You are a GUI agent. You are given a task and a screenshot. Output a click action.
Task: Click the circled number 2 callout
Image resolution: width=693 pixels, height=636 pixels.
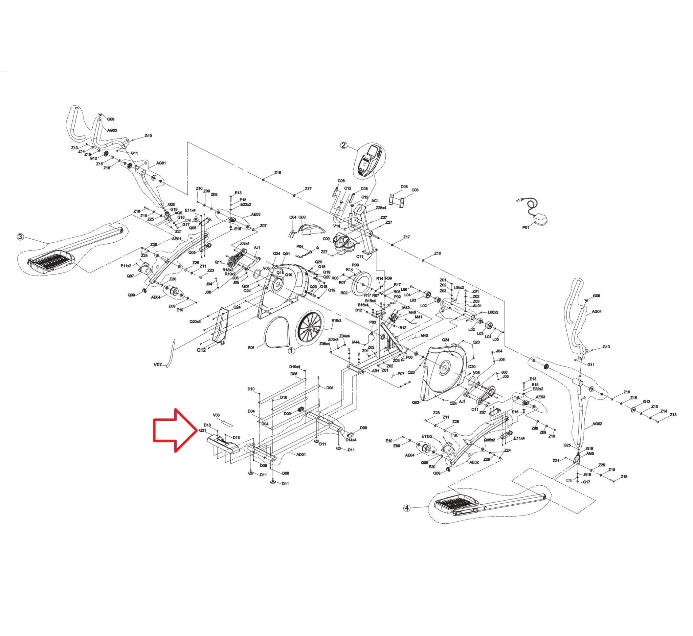(x=343, y=145)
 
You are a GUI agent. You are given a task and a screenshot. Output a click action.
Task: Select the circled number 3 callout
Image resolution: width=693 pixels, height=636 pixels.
(x=20, y=237)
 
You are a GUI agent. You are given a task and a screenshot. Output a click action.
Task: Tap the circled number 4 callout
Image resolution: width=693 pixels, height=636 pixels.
(x=407, y=508)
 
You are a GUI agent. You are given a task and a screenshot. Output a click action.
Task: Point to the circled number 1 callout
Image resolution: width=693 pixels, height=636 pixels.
(x=291, y=351)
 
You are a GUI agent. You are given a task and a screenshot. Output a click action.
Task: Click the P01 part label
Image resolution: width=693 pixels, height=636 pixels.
(x=526, y=227)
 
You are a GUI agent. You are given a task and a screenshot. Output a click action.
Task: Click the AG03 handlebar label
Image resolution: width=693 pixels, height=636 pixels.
(x=112, y=130)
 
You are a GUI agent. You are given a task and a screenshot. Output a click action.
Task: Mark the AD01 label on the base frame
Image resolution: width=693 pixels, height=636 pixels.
(x=301, y=454)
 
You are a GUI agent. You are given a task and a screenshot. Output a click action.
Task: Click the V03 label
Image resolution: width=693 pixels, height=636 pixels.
(x=216, y=415)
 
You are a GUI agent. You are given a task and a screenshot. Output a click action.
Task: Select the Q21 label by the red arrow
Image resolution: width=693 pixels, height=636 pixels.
(x=202, y=430)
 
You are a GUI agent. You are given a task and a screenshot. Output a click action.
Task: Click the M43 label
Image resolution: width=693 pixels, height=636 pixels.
(x=424, y=335)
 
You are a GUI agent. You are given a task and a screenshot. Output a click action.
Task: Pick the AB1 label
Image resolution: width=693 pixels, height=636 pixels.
(x=375, y=371)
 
